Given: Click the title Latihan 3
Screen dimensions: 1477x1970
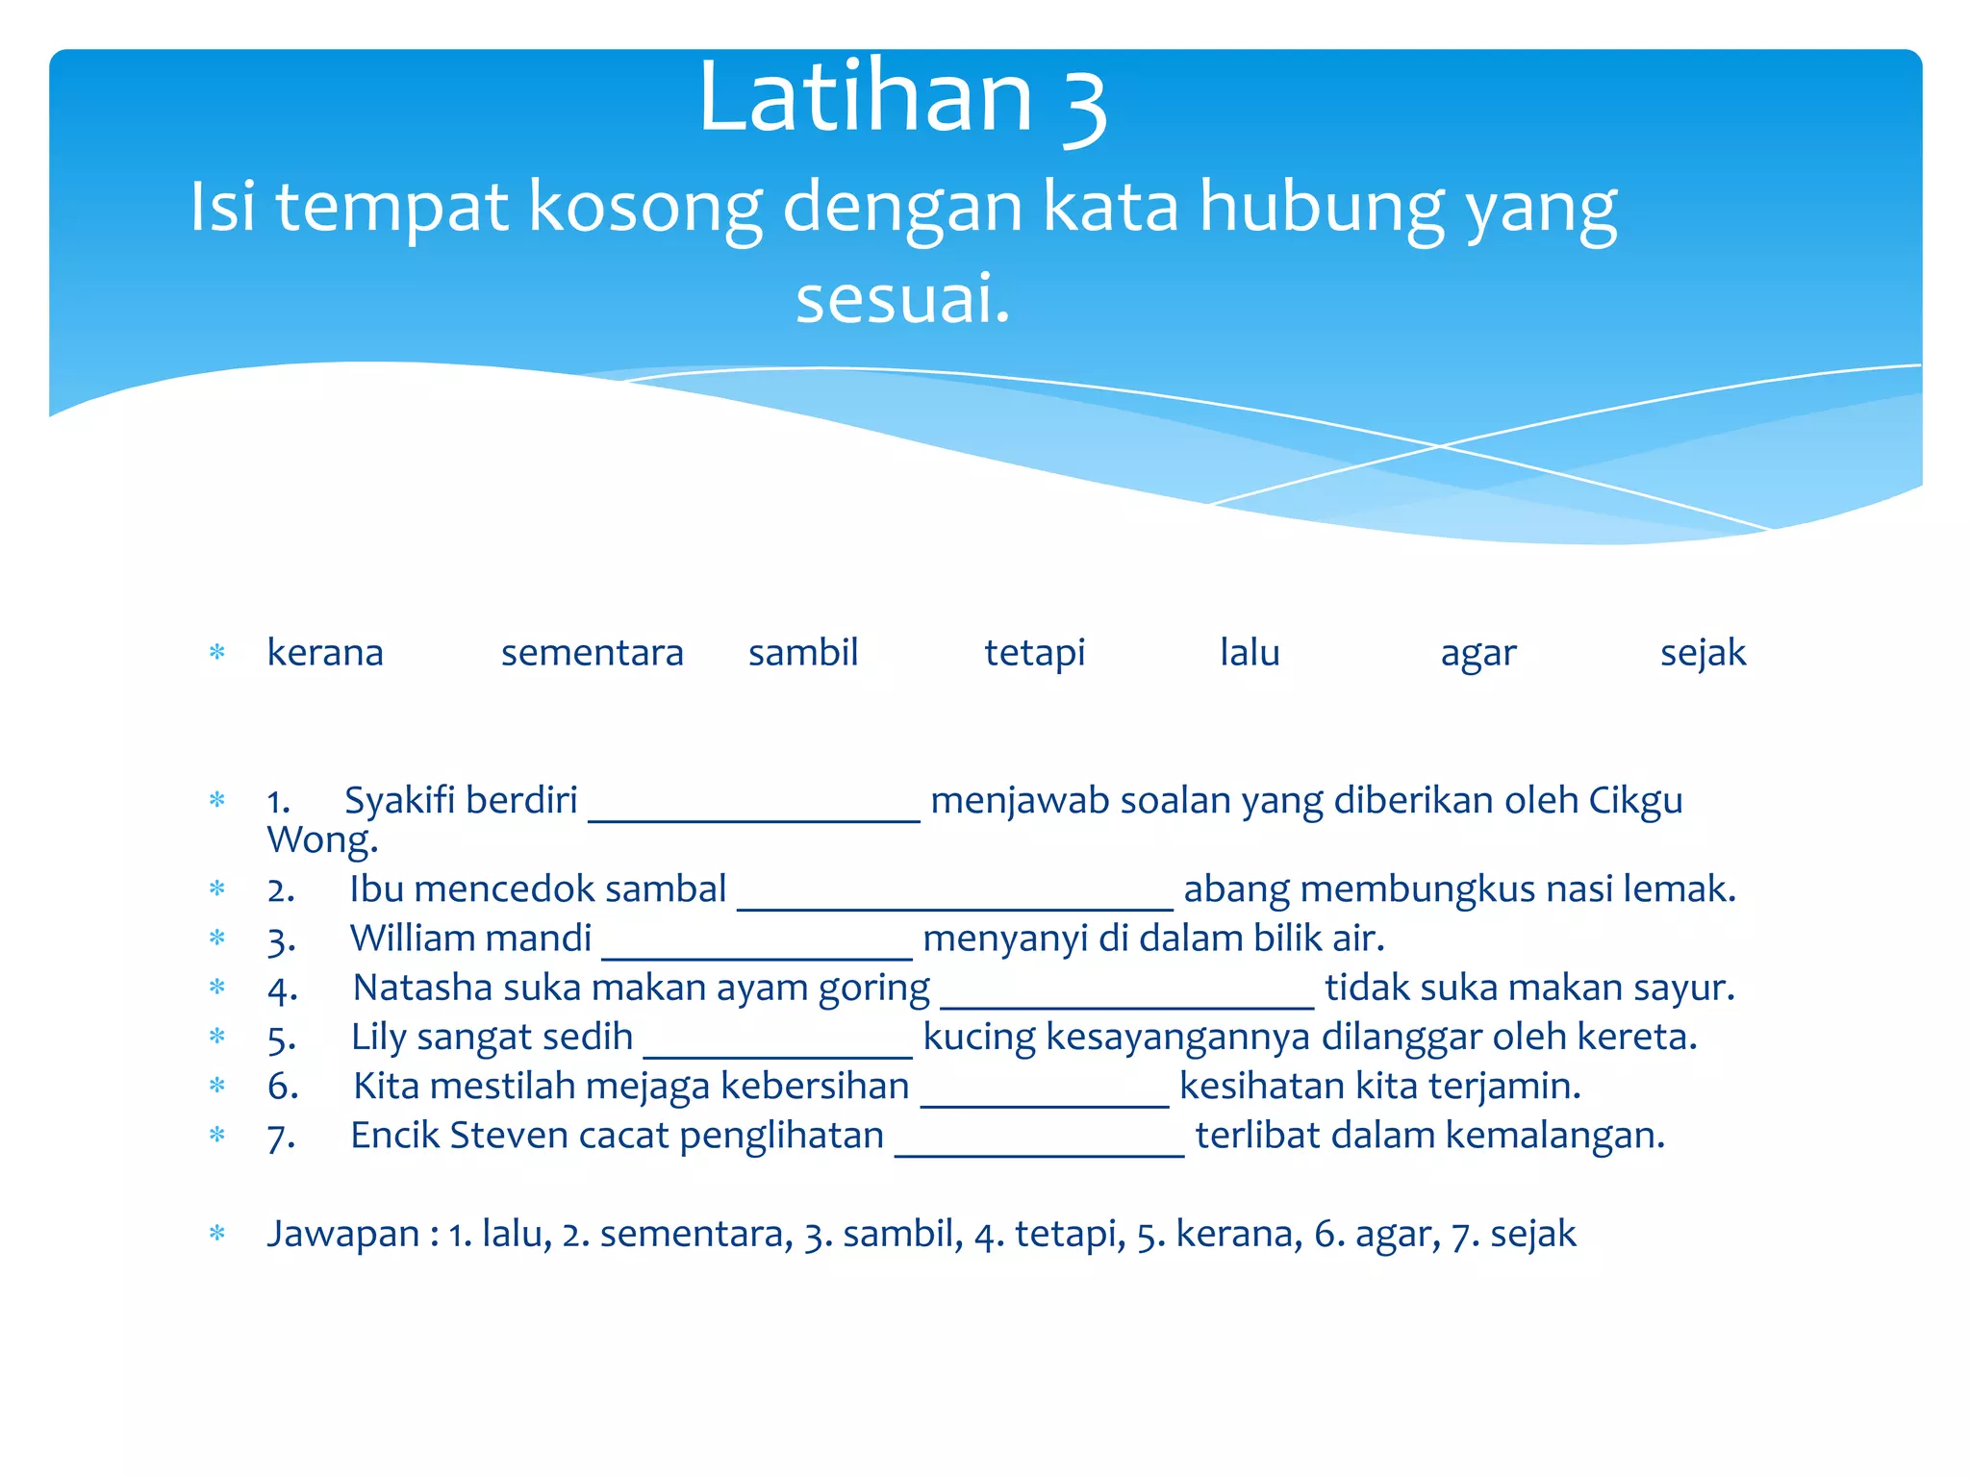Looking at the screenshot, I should (x=902, y=98).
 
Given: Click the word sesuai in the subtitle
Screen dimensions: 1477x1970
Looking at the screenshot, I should (x=901, y=299).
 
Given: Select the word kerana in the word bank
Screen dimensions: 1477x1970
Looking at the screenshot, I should (x=325, y=653).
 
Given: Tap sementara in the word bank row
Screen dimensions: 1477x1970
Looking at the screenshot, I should (x=592, y=653).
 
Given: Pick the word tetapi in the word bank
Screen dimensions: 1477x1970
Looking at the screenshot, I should (x=1034, y=653).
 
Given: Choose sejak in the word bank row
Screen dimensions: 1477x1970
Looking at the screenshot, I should (x=1703, y=653).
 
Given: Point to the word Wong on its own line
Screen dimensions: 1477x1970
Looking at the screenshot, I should (x=321, y=840).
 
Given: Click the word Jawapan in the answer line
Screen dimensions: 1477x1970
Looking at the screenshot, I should (x=342, y=1234).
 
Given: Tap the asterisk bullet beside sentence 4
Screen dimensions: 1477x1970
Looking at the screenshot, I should (x=217, y=988).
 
